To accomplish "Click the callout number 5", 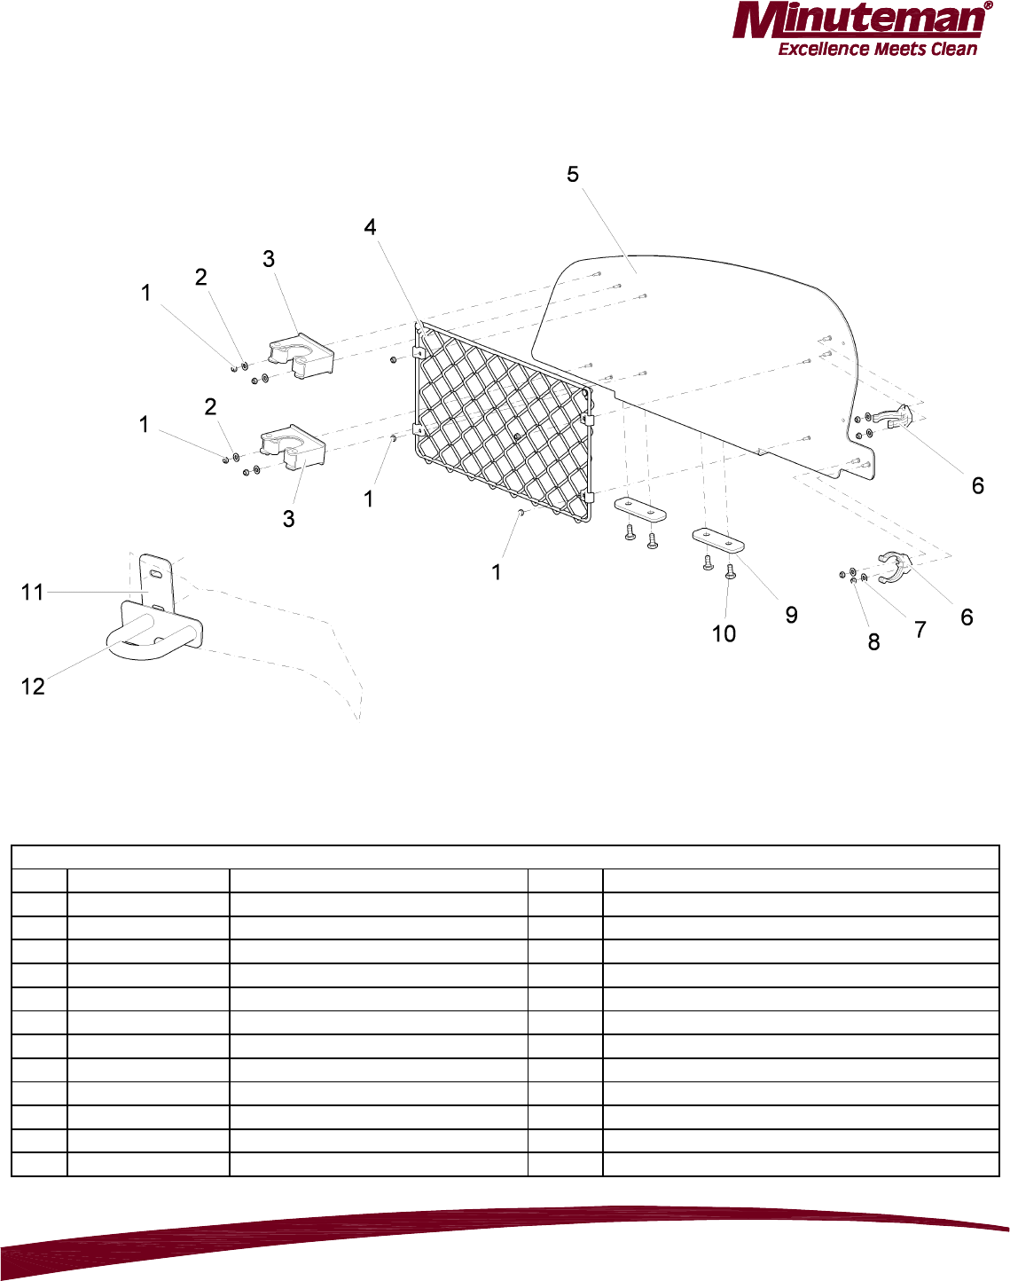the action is (x=573, y=175).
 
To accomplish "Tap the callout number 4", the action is (x=370, y=228).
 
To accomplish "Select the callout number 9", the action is (x=791, y=616).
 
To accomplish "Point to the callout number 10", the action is (x=724, y=633).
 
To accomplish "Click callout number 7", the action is (x=920, y=630).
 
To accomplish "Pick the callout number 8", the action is (x=873, y=642).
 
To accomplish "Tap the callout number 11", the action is (x=33, y=592).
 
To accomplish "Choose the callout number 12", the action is (x=33, y=687).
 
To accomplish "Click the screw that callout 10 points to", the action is (x=730, y=572).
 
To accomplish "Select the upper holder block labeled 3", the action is (x=301, y=356).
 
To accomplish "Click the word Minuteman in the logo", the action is (x=860, y=21).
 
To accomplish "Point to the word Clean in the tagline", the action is (x=953, y=50).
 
